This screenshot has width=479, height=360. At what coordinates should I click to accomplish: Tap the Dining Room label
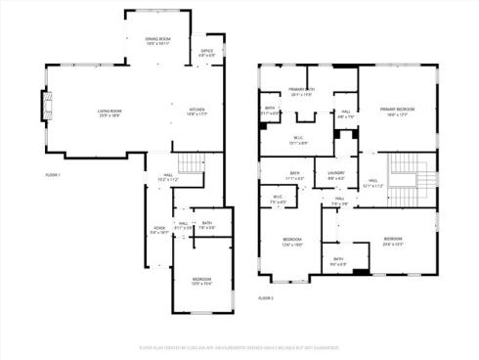coord(144,41)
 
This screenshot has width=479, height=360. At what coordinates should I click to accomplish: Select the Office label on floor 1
coord(207,53)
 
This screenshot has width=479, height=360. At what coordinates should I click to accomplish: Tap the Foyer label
coord(158,231)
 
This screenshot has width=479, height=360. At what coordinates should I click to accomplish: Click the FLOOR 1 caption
coord(54,174)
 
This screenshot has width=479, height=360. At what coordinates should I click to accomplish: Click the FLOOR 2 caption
coord(266,297)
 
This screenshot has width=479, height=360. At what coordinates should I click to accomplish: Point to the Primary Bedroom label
coord(397,111)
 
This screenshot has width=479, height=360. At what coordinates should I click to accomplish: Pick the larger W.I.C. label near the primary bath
coord(299,141)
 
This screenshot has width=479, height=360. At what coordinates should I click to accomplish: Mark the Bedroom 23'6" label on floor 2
coord(392,241)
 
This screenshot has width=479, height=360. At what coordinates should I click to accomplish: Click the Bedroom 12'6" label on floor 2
coord(292,241)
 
